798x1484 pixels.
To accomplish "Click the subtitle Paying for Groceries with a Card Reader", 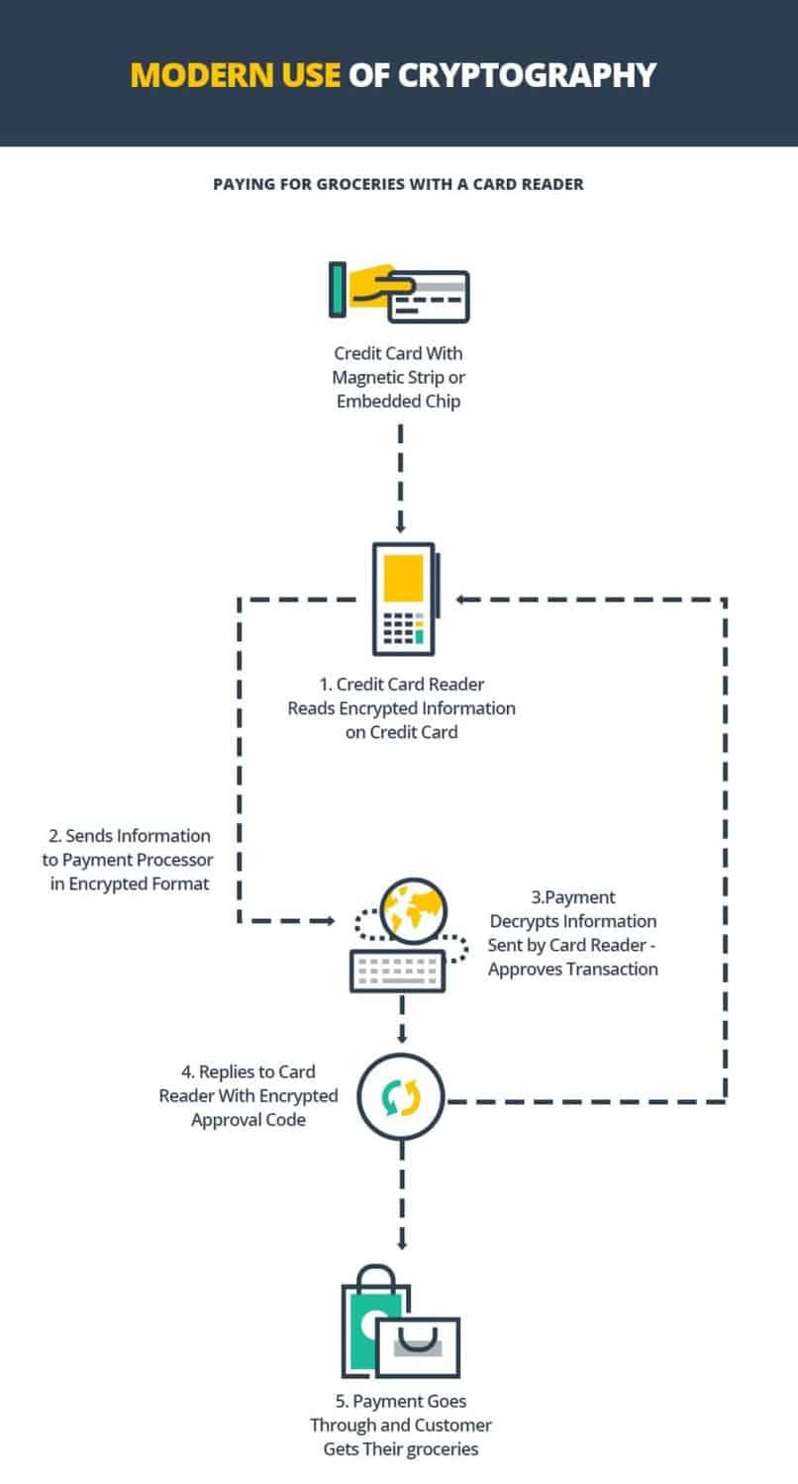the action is coord(398,184).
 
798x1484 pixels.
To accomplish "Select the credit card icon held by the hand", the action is coord(429,296).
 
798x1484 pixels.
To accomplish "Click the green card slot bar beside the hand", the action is coord(338,290).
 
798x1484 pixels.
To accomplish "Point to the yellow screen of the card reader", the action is coord(403,578).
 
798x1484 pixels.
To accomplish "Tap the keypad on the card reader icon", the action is coord(403,628).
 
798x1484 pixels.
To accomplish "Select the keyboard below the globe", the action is coord(398,971).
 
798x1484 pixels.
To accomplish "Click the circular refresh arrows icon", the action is coord(401,1097).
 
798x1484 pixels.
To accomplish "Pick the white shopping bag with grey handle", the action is coord(418,1346).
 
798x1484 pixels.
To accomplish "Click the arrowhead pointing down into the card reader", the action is coord(400,527).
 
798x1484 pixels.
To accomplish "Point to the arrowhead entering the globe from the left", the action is coord(329,921).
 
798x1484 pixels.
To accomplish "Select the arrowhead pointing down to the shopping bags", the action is coord(402,1245).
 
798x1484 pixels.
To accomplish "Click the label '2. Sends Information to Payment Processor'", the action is coord(128,848).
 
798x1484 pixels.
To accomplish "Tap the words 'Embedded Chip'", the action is coord(398,402).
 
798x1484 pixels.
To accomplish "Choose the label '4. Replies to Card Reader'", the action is coord(249,1084).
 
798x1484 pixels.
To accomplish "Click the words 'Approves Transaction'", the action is coord(573,970).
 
